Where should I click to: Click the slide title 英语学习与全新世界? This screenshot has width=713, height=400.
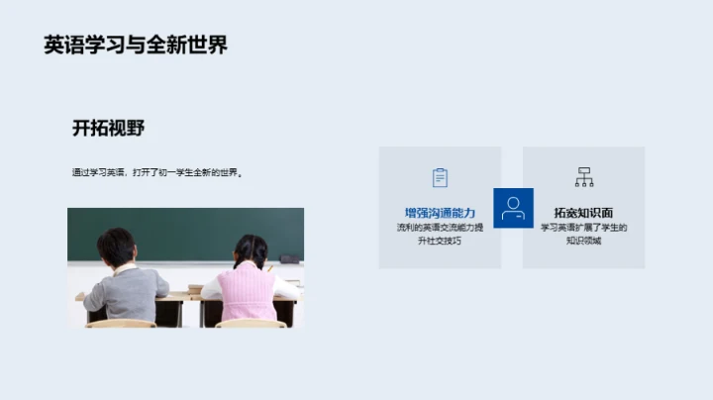(136, 45)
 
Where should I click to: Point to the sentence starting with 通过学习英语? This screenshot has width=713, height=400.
(156, 172)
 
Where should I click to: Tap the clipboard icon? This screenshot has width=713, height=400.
(440, 177)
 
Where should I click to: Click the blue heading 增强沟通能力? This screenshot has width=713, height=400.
(440, 213)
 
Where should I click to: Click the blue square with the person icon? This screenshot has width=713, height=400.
(512, 208)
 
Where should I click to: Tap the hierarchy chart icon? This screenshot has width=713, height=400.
(584, 177)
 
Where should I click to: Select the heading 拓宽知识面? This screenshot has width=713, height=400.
(583, 213)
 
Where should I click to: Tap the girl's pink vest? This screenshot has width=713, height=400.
(247, 292)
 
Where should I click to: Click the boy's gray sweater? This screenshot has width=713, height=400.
(127, 292)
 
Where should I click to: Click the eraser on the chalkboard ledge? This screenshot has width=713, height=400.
(288, 259)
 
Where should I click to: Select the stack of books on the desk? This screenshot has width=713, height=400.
(194, 289)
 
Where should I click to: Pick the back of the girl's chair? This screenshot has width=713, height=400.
(251, 323)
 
